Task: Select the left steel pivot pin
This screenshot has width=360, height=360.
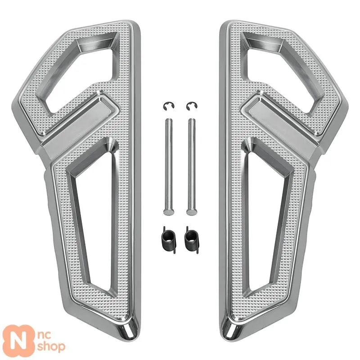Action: tap(169, 167)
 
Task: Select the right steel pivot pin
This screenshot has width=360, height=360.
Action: tap(192, 167)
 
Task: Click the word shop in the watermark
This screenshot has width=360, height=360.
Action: tap(51, 346)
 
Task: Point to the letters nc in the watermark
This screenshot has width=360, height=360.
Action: tap(44, 335)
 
